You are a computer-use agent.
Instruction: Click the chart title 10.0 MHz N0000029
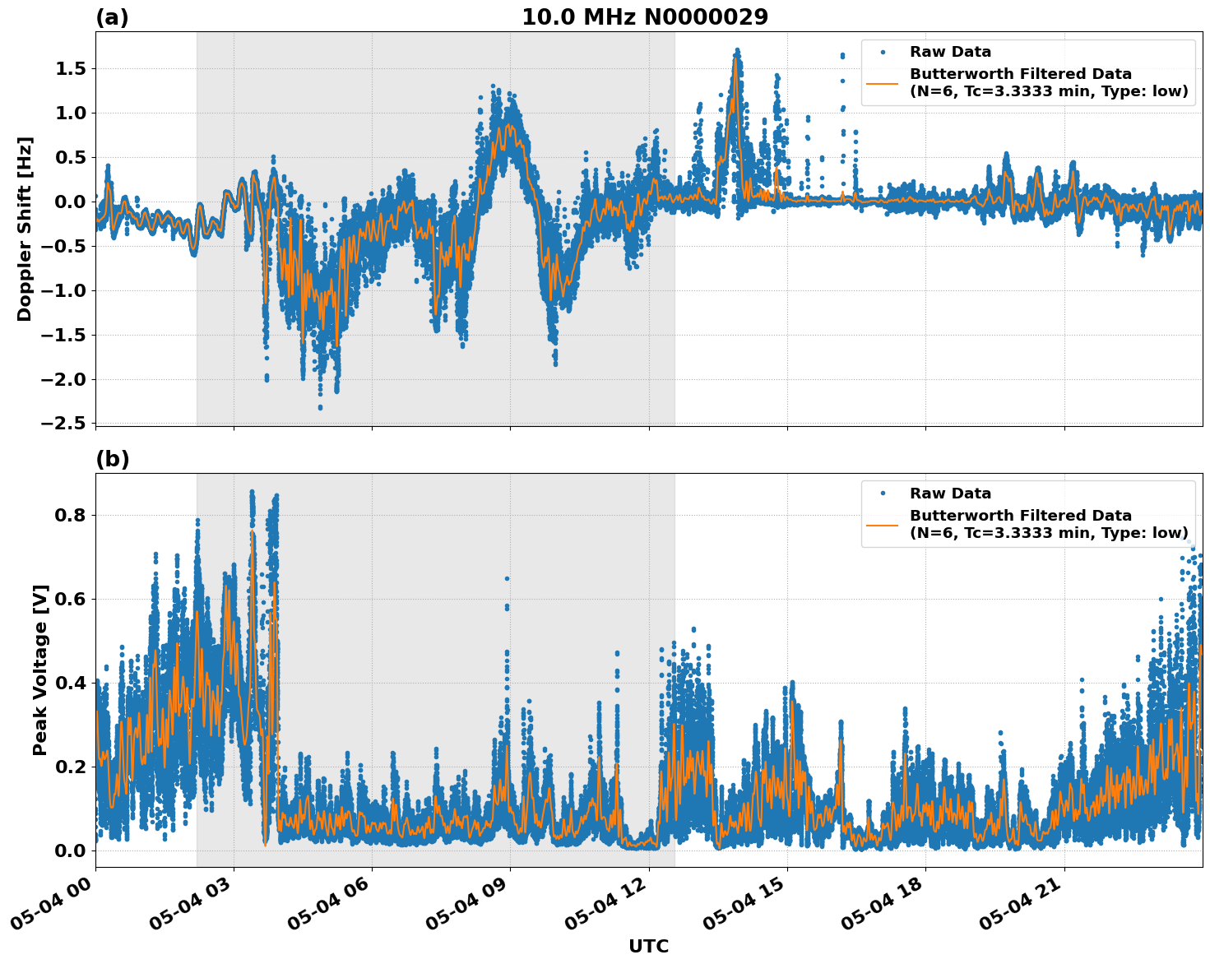click(x=645, y=17)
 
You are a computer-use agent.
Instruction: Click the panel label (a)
click(x=112, y=17)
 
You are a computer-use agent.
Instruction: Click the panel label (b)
click(x=112, y=459)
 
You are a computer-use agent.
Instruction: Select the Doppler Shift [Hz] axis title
click(x=25, y=229)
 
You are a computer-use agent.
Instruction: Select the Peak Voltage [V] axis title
click(x=40, y=670)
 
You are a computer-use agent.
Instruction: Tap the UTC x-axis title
click(x=648, y=946)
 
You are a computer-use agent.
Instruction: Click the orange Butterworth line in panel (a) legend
click(x=883, y=83)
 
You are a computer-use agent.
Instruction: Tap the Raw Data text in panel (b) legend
click(x=950, y=494)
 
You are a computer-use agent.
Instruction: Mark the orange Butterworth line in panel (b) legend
click(x=883, y=524)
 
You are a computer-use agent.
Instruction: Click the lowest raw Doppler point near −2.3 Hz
click(x=320, y=407)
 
